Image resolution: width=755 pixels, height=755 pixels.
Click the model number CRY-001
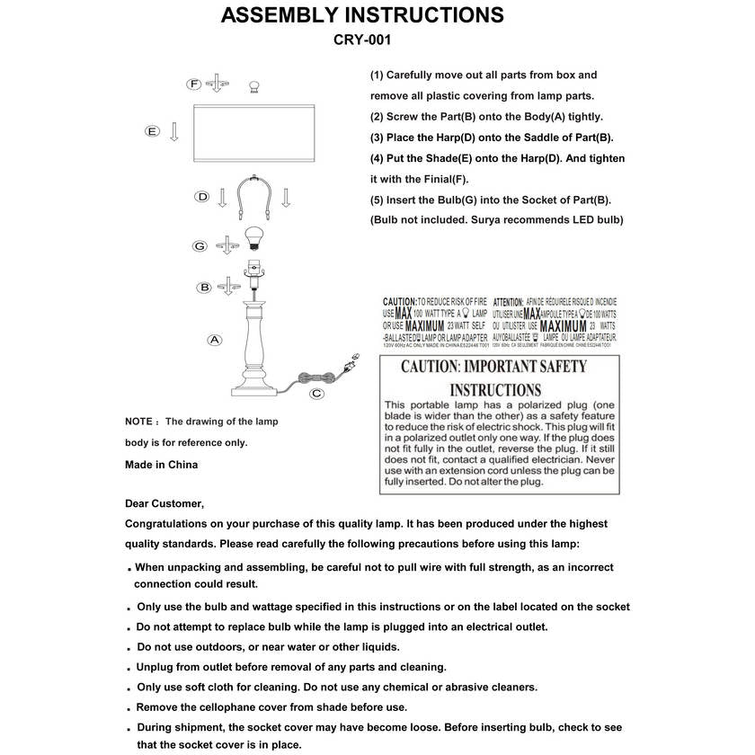pyautogui.click(x=362, y=40)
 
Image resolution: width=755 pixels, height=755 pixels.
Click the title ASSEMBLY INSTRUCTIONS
pyautogui.click(x=362, y=15)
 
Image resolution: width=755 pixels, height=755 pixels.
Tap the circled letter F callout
pyautogui.click(x=193, y=84)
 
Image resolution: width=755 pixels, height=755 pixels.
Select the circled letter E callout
pyautogui.click(x=153, y=132)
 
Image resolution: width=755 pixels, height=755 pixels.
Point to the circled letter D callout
pyautogui.click(x=203, y=196)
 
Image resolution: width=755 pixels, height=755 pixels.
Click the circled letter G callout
pyautogui.click(x=200, y=245)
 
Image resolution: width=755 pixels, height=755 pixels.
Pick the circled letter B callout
pyautogui.click(x=205, y=288)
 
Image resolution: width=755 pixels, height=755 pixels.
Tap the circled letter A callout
pyautogui.click(x=214, y=340)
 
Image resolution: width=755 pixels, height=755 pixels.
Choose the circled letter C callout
pyautogui.click(x=316, y=393)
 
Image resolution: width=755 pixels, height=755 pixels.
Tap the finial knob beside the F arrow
pyautogui.click(x=253, y=85)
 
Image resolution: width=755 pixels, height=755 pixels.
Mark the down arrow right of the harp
pyautogui.click(x=285, y=197)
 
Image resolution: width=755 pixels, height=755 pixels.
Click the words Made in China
pyautogui.click(x=161, y=465)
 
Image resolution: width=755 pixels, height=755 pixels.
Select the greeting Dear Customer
pyautogui.click(x=164, y=503)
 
